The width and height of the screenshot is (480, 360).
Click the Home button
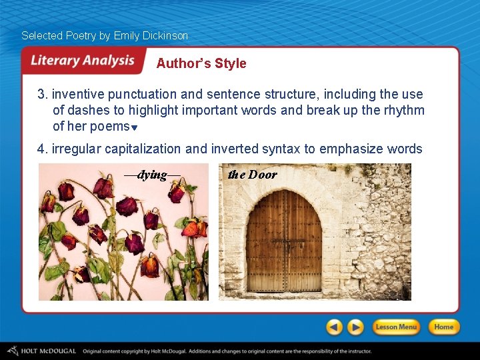[x=443, y=327]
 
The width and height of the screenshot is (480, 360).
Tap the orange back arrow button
[x=335, y=327]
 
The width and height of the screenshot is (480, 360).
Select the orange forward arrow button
[x=356, y=327]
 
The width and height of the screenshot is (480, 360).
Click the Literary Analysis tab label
[x=83, y=61]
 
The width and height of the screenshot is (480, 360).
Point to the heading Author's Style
[x=201, y=63]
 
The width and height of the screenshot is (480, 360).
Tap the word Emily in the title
[x=127, y=35]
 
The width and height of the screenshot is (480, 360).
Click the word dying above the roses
[x=153, y=175]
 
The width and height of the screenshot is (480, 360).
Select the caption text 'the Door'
[x=252, y=175]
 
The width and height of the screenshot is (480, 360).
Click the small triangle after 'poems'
[x=134, y=128]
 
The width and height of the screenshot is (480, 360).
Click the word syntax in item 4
[x=281, y=149]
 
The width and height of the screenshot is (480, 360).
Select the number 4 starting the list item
[x=41, y=149]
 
